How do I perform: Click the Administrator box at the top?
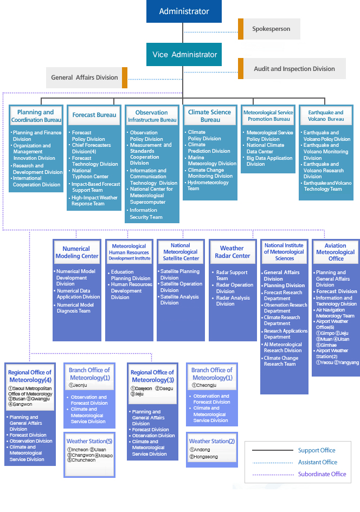[184, 11]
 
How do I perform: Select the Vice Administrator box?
[184, 55]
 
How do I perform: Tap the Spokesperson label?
[271, 29]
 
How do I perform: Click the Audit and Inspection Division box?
[292, 69]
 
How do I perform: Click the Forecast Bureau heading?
[94, 115]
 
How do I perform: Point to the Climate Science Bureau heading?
[210, 116]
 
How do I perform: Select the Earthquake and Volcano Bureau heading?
[326, 116]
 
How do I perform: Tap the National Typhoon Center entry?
[90, 173]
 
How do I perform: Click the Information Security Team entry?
[146, 213]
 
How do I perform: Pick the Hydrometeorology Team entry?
[208, 185]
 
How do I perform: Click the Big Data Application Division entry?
[269, 161]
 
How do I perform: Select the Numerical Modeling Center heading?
[77, 252]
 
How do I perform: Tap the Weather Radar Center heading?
[232, 252]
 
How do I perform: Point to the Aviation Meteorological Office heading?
[336, 252]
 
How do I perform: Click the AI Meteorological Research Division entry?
[282, 347]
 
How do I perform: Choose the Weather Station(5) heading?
[89, 441]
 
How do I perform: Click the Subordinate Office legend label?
[322, 474]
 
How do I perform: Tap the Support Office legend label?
[317, 450]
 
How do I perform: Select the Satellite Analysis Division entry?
[179, 300]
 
